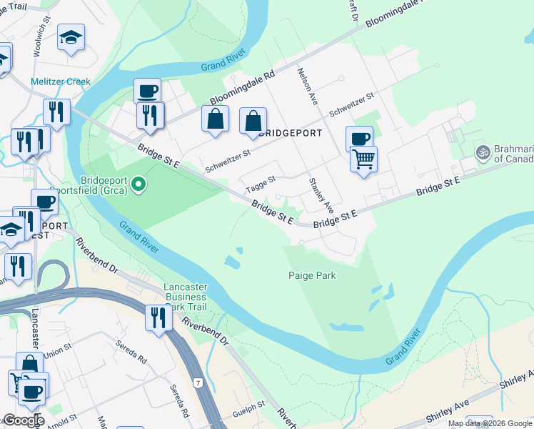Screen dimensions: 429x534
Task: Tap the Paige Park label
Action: pyautogui.click(x=312, y=275)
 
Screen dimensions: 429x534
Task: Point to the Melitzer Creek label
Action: pyautogui.click(x=61, y=82)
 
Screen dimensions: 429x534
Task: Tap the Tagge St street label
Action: pyautogui.click(x=260, y=184)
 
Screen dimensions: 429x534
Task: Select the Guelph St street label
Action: pyautogui.click(x=251, y=405)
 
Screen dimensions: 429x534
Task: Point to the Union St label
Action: pyautogui.click(x=57, y=352)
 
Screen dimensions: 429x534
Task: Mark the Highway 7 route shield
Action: pyautogui.click(x=196, y=383)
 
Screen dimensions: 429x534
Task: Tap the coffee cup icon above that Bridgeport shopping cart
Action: pyautogui.click(x=359, y=137)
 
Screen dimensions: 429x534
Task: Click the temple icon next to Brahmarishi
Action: pyautogui.click(x=483, y=152)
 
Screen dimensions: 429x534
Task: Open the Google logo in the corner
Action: pyautogui.click(x=23, y=420)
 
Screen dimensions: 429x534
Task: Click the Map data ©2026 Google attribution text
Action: pyautogui.click(x=490, y=423)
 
